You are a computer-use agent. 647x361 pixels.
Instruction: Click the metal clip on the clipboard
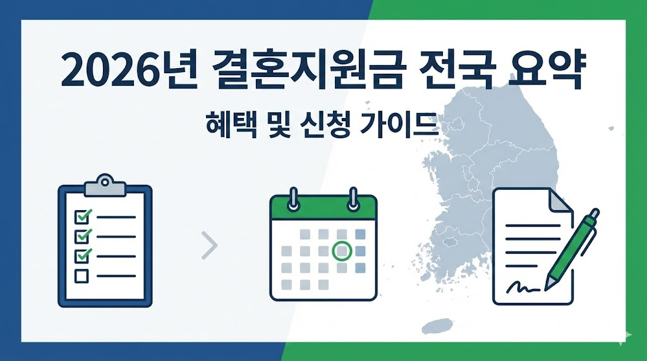point(104,183)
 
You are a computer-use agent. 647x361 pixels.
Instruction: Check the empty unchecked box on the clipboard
point(82,276)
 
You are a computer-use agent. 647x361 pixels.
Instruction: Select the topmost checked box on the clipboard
point(82,216)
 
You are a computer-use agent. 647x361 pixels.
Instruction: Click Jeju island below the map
point(436,326)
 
